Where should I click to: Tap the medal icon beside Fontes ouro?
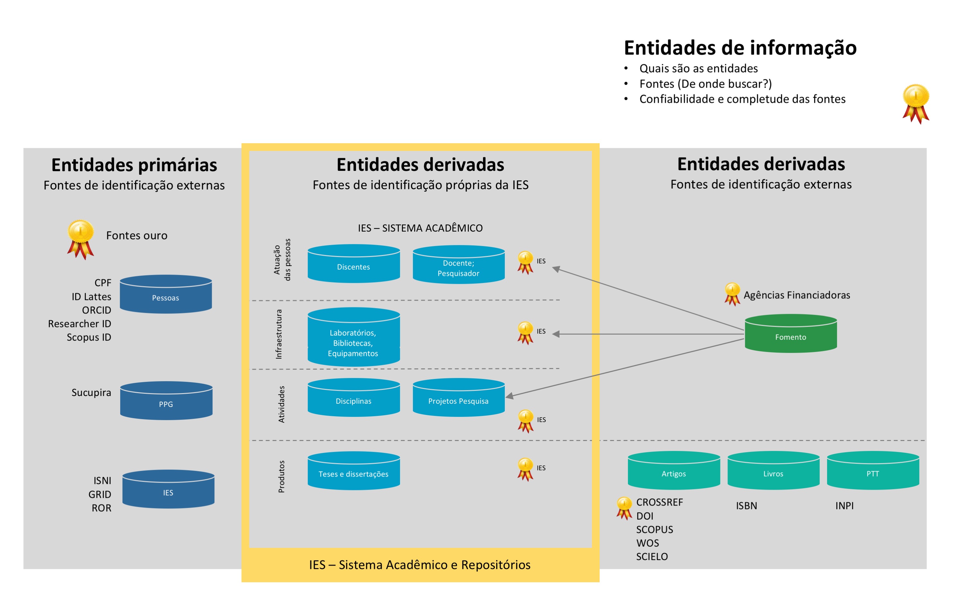click(80, 239)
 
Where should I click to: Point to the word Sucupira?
click(91, 392)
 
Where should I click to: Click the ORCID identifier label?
click(96, 310)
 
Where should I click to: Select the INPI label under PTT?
click(844, 506)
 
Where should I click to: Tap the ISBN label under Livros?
click(746, 506)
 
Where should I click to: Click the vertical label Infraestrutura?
click(279, 334)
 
